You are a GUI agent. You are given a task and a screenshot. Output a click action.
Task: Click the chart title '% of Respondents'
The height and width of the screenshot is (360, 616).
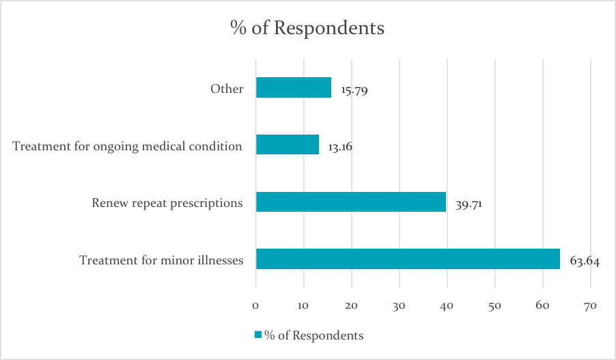[x=307, y=29]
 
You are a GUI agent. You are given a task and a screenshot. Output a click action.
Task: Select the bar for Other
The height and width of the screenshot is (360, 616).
[x=294, y=87]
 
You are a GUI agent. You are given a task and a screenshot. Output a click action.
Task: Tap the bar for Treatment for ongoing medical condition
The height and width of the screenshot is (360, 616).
[x=288, y=145]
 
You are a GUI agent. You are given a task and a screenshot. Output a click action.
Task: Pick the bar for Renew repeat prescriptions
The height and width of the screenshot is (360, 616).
[x=351, y=202]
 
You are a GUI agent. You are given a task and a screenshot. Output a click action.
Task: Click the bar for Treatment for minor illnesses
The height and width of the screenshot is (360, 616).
[x=408, y=259]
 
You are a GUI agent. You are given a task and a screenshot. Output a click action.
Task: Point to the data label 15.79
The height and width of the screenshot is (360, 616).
[x=354, y=89]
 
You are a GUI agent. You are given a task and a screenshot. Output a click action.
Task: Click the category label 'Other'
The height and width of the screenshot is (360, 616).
[x=227, y=89]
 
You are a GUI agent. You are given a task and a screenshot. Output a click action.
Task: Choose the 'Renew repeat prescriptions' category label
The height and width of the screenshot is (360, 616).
[x=167, y=203]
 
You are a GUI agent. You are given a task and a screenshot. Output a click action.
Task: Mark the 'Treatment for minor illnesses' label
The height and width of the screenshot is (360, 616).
[x=161, y=260]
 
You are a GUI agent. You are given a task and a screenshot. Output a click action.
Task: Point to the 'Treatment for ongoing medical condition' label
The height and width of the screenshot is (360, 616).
[x=128, y=146]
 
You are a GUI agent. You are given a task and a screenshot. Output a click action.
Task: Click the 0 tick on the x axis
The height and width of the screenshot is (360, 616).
[x=255, y=306]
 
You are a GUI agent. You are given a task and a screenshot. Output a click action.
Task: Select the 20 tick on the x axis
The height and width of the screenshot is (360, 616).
[x=351, y=306]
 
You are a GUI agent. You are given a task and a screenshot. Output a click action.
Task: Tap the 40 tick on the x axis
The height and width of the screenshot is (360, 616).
[x=447, y=306]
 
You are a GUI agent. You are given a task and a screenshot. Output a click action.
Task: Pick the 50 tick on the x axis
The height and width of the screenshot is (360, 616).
[x=494, y=306]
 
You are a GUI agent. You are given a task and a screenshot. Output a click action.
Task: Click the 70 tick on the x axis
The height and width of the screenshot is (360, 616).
[x=590, y=306]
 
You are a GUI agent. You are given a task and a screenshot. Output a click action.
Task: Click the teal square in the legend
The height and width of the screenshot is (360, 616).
[x=258, y=335]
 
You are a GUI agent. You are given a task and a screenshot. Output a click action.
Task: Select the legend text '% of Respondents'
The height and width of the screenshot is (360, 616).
[x=313, y=335]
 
